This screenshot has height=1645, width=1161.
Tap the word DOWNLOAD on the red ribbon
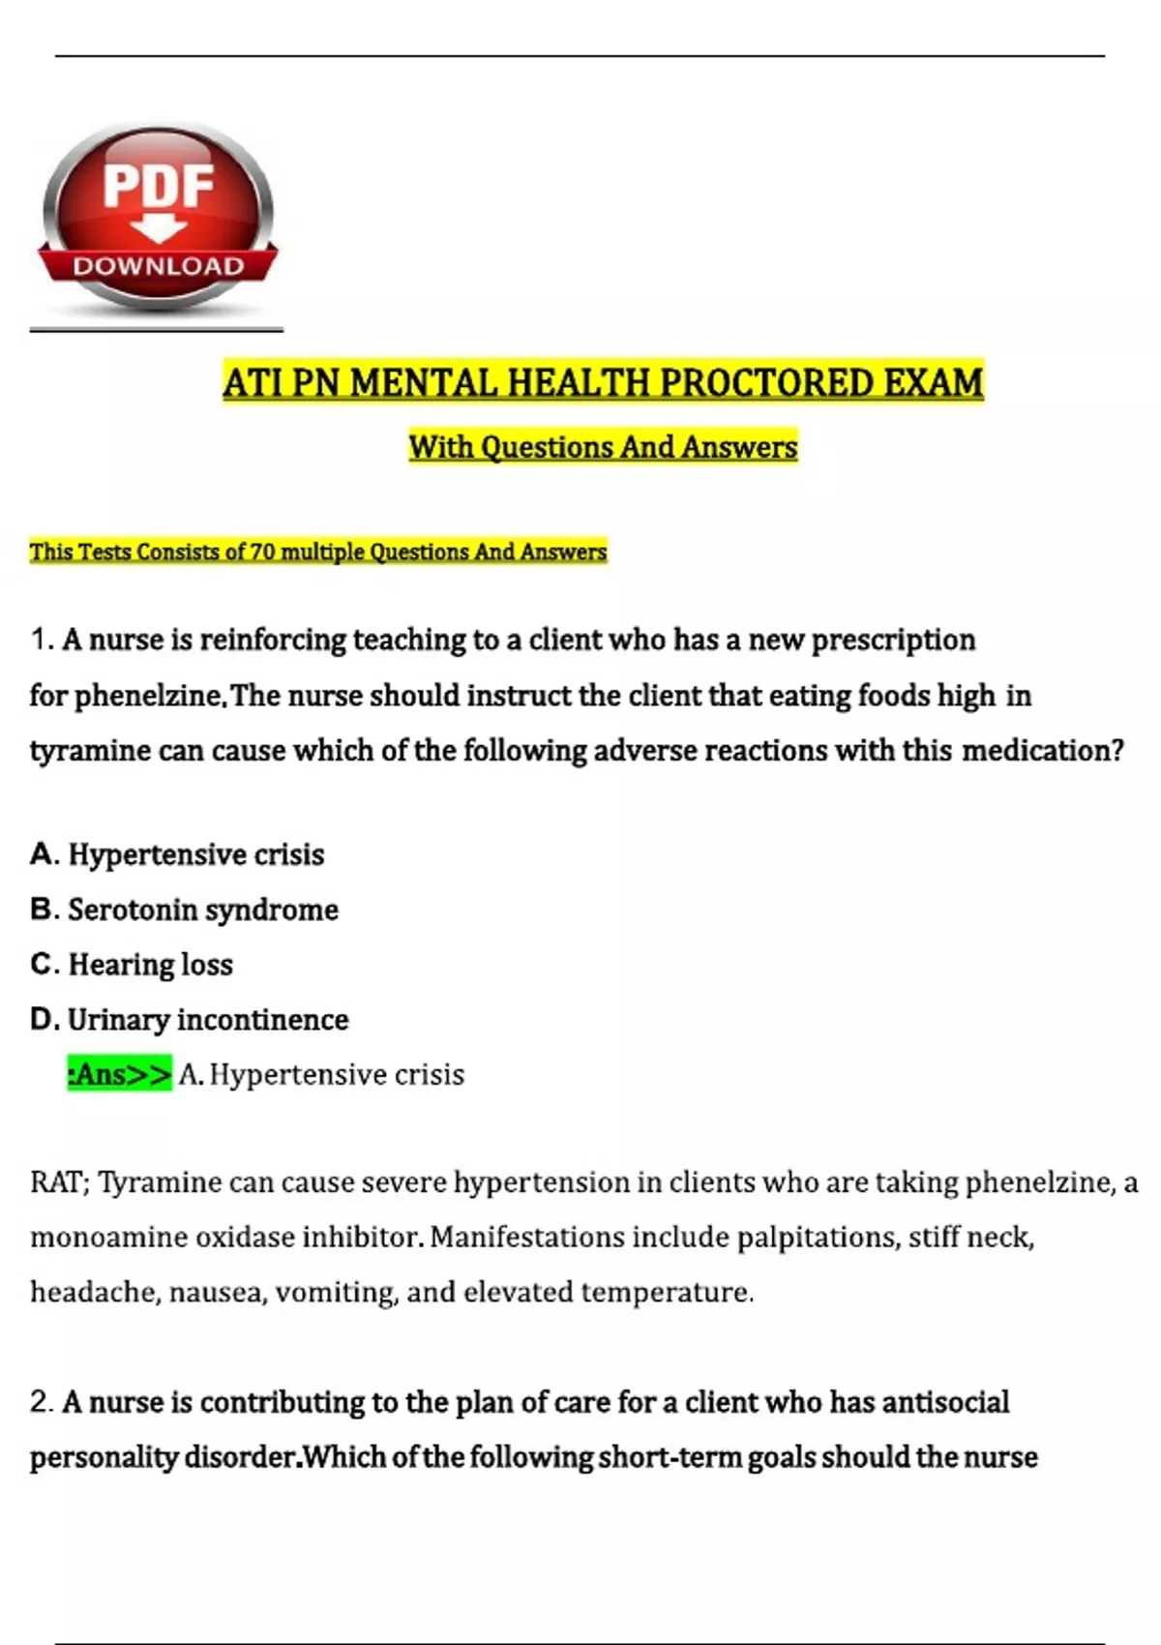[x=158, y=266]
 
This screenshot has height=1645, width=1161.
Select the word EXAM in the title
[x=933, y=383]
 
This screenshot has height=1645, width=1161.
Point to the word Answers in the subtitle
[x=739, y=447]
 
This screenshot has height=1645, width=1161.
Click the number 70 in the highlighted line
[x=263, y=552]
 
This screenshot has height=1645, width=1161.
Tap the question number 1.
[x=41, y=641]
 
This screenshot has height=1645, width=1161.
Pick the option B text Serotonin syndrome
[x=203, y=910]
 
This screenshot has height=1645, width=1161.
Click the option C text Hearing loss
[x=150, y=965]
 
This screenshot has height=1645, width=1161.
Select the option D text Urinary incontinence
[x=208, y=1020]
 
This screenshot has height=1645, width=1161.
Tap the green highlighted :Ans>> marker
[x=119, y=1074]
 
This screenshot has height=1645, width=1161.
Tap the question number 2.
[x=41, y=1402]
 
